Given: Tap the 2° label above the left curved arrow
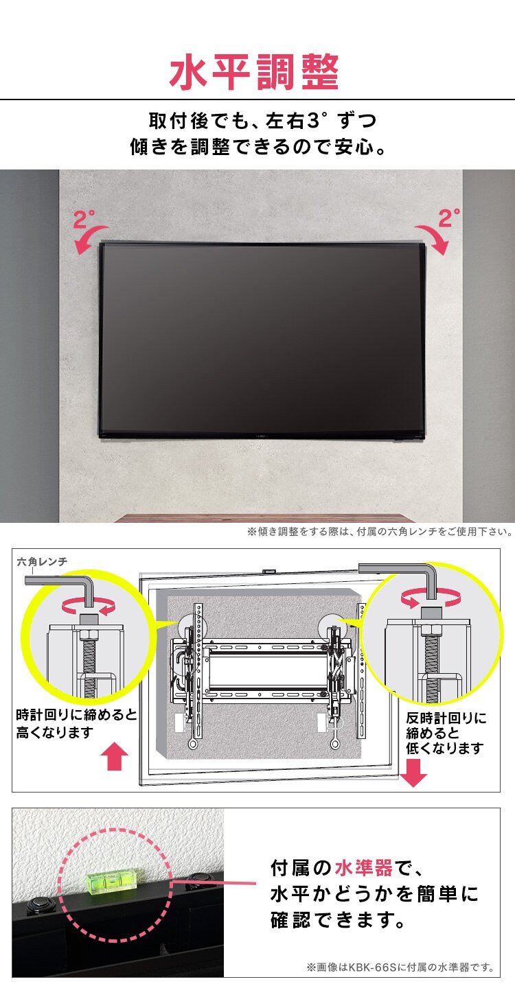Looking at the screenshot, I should (84, 220).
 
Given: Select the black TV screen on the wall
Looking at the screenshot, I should (262, 339).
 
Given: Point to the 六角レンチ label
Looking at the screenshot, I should (43, 562).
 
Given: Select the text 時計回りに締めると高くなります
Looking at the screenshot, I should (76, 724).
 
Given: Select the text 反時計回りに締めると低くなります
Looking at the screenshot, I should (446, 733).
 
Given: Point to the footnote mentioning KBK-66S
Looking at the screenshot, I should (400, 967).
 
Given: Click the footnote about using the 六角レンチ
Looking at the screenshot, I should (380, 532).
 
